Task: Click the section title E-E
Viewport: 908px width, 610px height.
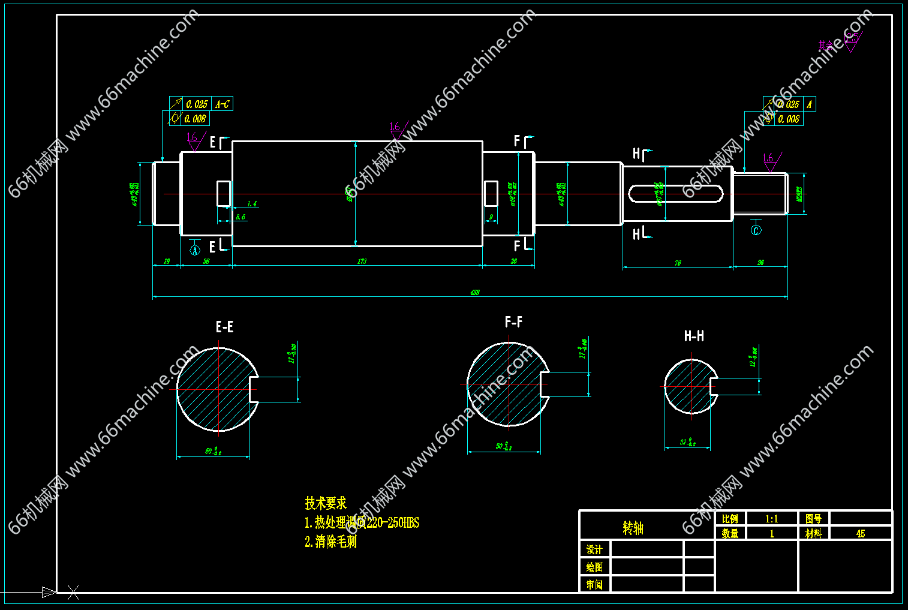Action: tap(224, 327)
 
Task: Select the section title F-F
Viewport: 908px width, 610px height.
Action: tap(513, 323)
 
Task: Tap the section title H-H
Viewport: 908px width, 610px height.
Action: tap(694, 336)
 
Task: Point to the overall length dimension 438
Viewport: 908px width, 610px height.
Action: tap(474, 293)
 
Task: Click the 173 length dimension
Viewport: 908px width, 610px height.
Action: tap(362, 262)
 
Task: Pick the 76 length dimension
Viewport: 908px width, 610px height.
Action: tap(677, 263)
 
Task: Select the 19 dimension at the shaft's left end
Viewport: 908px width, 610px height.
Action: tap(167, 262)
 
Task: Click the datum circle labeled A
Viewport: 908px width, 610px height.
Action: tap(194, 251)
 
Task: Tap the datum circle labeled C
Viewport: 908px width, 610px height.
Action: tap(756, 230)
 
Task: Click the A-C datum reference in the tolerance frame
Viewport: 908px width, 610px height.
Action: tap(222, 104)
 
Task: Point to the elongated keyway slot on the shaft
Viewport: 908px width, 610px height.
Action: tap(675, 194)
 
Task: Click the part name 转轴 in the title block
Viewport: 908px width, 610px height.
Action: tap(633, 528)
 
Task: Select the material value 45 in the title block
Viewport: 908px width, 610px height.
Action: tap(860, 533)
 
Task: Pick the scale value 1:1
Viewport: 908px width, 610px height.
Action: tap(771, 519)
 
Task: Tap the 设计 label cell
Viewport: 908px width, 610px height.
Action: tap(594, 549)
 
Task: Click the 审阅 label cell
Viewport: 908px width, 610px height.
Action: tap(594, 584)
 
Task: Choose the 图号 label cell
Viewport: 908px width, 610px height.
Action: tap(813, 519)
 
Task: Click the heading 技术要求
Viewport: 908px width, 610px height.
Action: tap(326, 503)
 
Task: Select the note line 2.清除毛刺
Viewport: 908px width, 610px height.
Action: tap(330, 542)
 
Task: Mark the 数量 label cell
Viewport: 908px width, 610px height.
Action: tap(730, 533)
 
